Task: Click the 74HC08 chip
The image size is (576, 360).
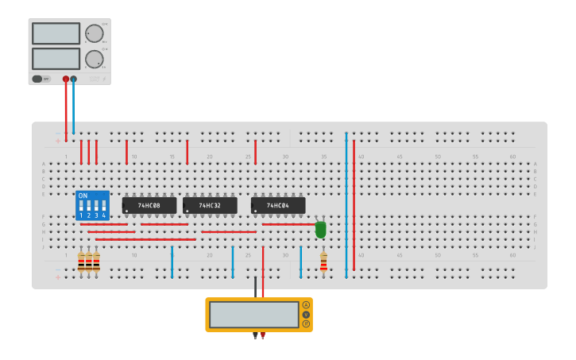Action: (149, 205)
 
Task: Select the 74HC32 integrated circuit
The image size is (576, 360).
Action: (210, 205)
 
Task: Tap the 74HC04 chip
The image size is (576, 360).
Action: (277, 205)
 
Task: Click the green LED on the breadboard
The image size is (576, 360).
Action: (320, 229)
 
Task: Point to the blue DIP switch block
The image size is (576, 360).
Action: (92, 205)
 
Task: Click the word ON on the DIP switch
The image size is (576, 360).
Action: (83, 195)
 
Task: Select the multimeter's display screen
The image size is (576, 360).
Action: (254, 315)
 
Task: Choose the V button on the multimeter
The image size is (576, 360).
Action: (306, 314)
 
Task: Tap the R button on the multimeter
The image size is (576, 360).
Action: (306, 323)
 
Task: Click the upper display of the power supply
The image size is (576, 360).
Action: (56, 33)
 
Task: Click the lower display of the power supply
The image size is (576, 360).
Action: (56, 59)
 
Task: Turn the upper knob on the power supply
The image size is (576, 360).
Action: (94, 33)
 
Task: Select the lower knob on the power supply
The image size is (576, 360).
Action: (94, 59)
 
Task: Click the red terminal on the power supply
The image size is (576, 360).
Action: (66, 79)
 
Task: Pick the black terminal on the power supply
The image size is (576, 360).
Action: (74, 79)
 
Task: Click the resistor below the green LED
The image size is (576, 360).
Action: (323, 261)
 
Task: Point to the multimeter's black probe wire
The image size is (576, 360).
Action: (255, 286)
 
